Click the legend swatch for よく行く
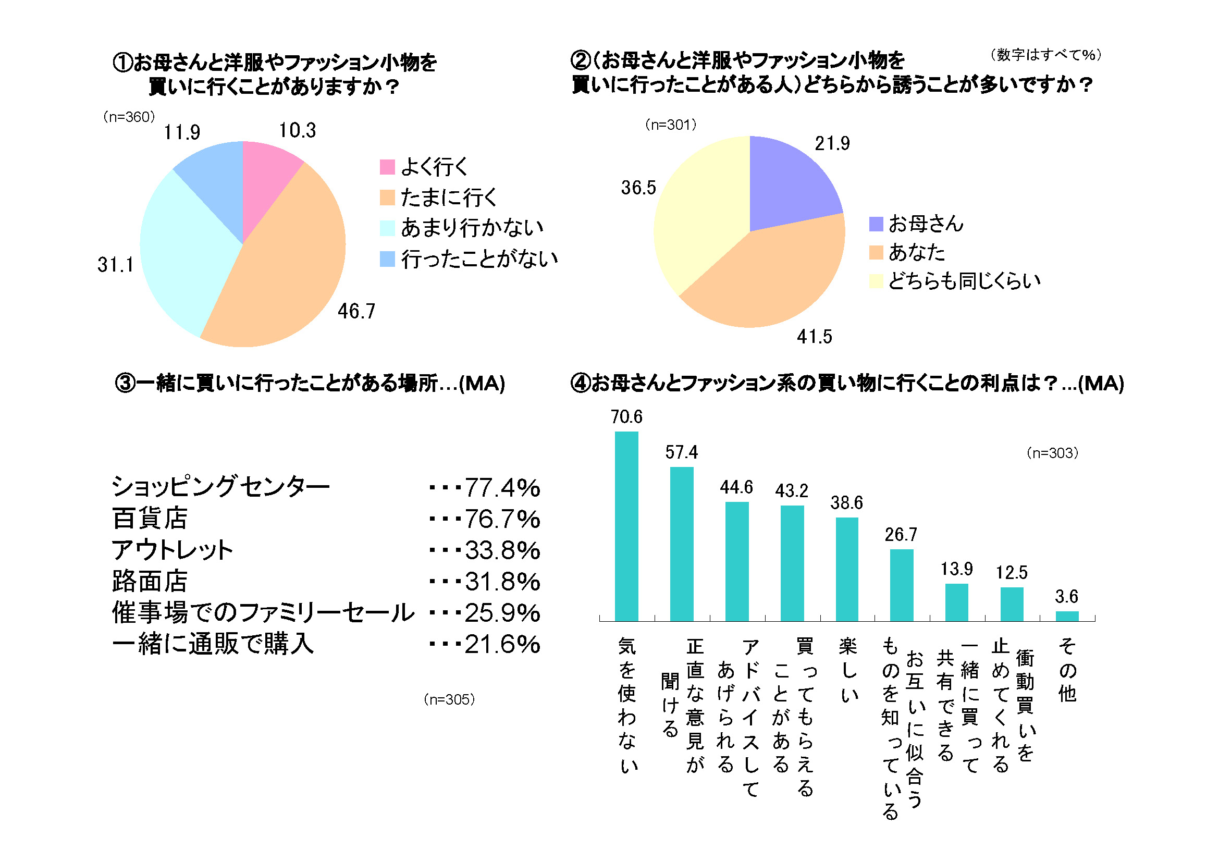pyautogui.click(x=388, y=167)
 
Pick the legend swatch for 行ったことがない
pyautogui.click(x=388, y=259)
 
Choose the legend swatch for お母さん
pyautogui.click(x=876, y=224)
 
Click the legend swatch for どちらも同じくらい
pyautogui.click(x=876, y=281)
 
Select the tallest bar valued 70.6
pyautogui.click(x=626, y=526)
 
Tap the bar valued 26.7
pyautogui.click(x=902, y=585)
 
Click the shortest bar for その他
pyautogui.click(x=1067, y=616)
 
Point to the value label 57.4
pyautogui.click(x=682, y=452)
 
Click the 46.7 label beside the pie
pyautogui.click(x=357, y=311)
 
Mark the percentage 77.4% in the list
pyautogui.click(x=502, y=488)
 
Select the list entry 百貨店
pyautogui.click(x=150, y=519)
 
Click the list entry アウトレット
pyautogui.click(x=173, y=550)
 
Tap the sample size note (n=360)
pyautogui.click(x=129, y=117)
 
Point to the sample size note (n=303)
pyautogui.click(x=1052, y=453)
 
